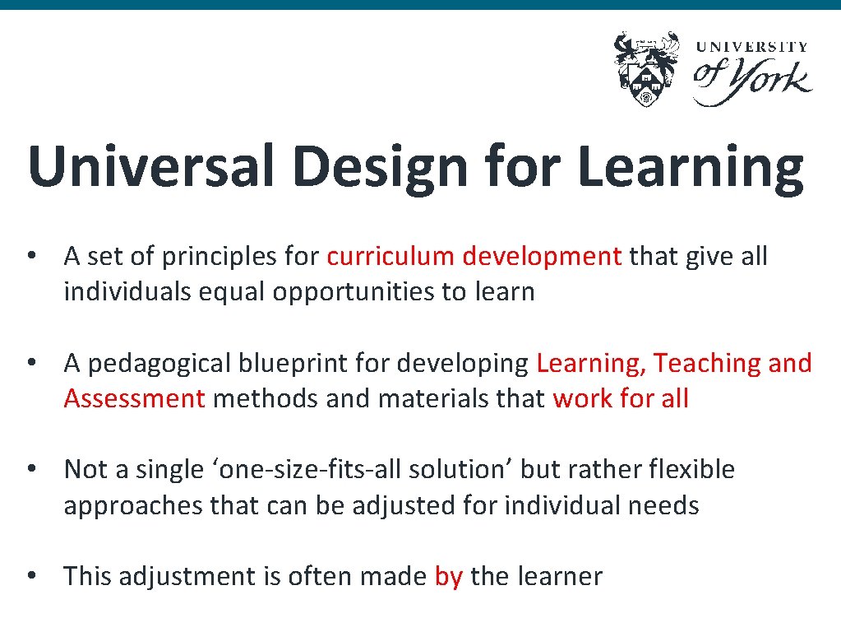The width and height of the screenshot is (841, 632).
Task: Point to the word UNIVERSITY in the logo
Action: [752, 48]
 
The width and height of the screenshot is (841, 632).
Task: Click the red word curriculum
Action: [390, 257]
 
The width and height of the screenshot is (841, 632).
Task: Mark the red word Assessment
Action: [134, 398]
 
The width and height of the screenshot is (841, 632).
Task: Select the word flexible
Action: [691, 469]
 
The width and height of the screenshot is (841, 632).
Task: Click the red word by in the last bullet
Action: [449, 576]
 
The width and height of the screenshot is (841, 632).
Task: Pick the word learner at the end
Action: [561, 576]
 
